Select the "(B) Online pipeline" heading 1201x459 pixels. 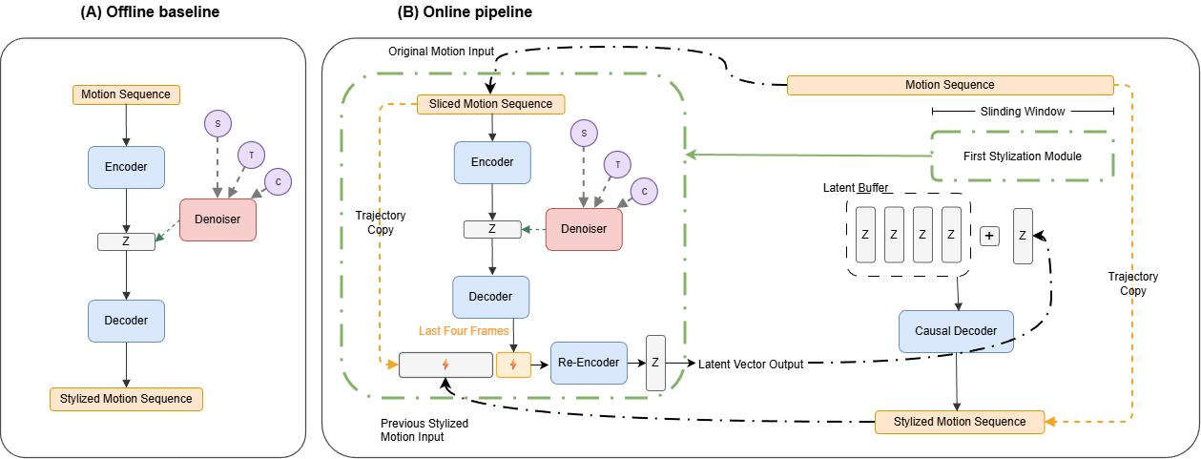click(464, 12)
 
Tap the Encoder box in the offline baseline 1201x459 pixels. click(126, 167)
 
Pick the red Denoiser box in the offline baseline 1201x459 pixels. click(217, 219)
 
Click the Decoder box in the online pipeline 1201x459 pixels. click(490, 297)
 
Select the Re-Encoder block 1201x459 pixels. click(590, 363)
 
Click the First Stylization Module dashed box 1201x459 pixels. click(1022, 156)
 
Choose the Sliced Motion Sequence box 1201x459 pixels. click(491, 103)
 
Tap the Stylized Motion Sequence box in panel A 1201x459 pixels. click(126, 398)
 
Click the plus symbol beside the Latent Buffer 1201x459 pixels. click(989, 235)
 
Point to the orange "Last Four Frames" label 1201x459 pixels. click(464, 330)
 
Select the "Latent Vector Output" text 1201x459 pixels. click(750, 364)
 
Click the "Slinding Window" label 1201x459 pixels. click(1023, 112)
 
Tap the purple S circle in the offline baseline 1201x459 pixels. click(217, 123)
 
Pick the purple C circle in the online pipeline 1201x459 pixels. click(645, 192)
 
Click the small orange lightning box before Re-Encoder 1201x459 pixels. click(513, 364)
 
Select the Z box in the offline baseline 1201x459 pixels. click(126, 241)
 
